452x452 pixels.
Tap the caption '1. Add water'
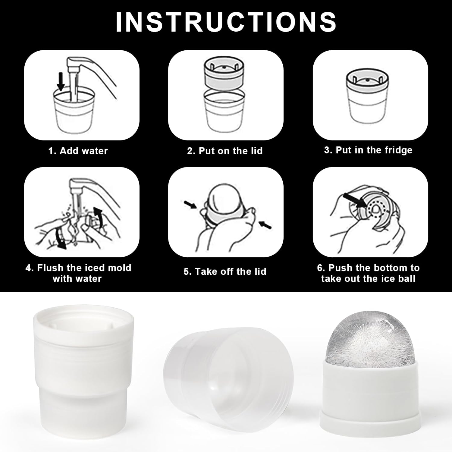(x=78, y=151)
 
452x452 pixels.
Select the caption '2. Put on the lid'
(x=225, y=151)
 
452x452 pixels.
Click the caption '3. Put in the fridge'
(x=368, y=150)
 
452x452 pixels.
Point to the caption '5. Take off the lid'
(x=225, y=272)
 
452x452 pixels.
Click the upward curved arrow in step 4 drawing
(x=98, y=215)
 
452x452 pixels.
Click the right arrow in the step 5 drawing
(x=265, y=224)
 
